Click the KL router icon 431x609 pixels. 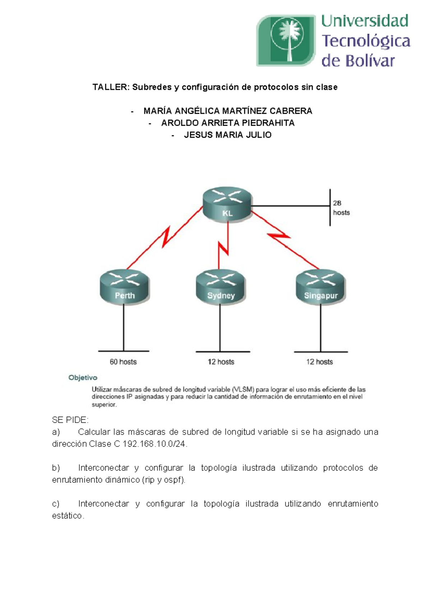[x=227, y=205]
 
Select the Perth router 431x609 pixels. [x=124, y=287]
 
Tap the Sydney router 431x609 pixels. [x=221, y=287]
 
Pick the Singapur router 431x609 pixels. [x=320, y=287]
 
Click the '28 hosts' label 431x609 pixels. [x=341, y=208]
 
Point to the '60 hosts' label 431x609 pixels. [x=123, y=362]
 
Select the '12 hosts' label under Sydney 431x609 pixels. [x=221, y=362]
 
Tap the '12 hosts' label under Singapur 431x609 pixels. [x=319, y=362]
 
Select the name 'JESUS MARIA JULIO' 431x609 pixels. [x=228, y=135]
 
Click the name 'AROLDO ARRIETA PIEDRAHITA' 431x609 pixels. [x=228, y=123]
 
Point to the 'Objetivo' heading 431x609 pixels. [x=83, y=378]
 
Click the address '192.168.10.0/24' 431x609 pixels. [x=154, y=444]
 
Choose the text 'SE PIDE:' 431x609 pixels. [x=70, y=420]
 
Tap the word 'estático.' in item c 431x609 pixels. [x=68, y=516]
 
